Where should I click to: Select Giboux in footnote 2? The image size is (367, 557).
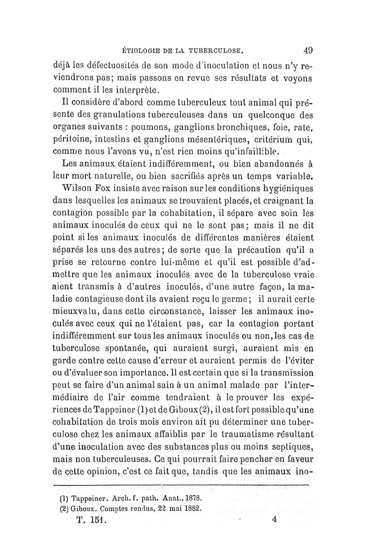coord(79,508)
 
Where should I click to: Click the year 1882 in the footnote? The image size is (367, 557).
coord(191,508)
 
